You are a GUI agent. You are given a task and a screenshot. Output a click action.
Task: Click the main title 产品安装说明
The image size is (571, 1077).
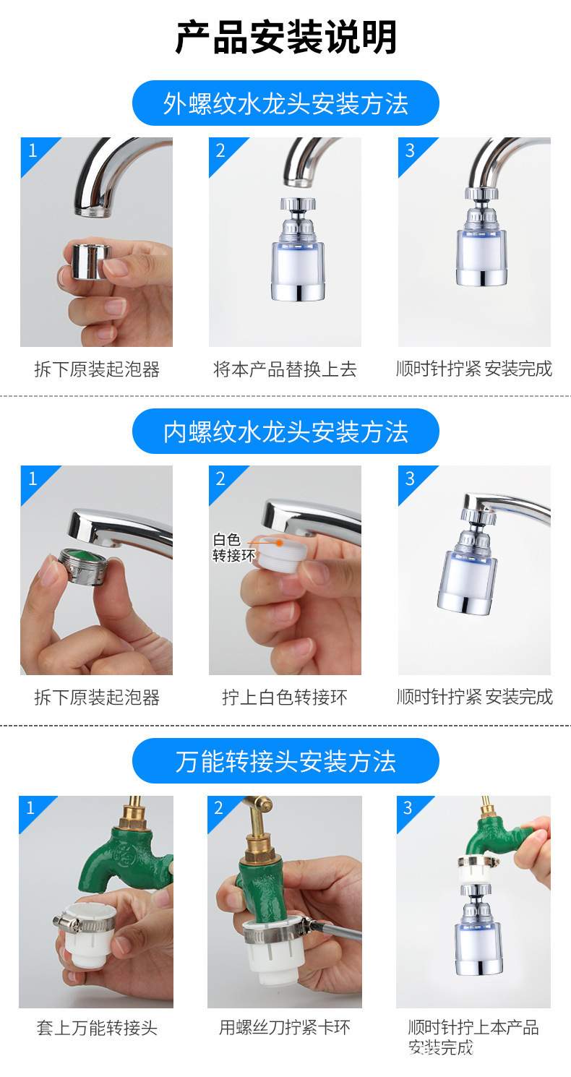(x=285, y=38)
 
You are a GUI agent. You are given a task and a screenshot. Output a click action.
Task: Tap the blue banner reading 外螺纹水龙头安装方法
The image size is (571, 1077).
(x=285, y=103)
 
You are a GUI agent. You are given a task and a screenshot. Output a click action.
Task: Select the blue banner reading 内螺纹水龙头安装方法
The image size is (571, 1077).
(x=285, y=432)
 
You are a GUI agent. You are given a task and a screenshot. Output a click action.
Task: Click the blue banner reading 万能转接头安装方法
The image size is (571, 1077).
(x=285, y=761)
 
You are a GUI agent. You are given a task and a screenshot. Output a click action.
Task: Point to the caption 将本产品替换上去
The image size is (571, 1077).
(x=285, y=369)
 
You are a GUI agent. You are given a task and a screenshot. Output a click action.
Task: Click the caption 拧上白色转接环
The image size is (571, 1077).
(x=285, y=698)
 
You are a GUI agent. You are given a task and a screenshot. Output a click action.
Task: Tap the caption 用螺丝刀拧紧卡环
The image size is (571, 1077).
(x=285, y=1027)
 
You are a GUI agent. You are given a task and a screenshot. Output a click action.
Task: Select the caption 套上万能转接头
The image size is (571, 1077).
(x=97, y=1027)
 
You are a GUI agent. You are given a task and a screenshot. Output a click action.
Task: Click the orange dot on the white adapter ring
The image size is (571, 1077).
(x=279, y=541)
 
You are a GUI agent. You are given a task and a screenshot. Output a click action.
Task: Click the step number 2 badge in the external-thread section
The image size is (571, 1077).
(x=220, y=150)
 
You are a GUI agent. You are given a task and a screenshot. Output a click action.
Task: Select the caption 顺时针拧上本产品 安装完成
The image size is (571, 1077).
(x=473, y=1037)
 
